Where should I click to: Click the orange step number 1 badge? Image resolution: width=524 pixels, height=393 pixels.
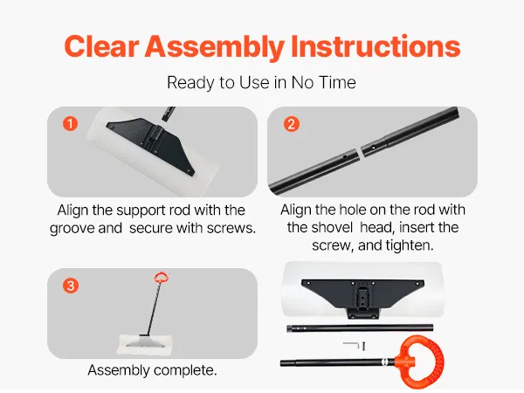[70, 124]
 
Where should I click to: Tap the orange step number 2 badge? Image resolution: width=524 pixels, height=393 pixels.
[292, 124]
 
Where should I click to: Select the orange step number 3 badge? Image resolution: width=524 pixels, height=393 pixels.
[71, 286]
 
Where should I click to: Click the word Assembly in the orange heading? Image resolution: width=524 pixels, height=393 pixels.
[214, 47]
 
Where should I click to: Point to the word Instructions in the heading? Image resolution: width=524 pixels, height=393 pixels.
[376, 46]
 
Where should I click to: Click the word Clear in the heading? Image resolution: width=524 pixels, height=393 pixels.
[101, 46]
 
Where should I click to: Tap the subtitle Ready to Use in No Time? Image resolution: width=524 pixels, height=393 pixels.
[261, 83]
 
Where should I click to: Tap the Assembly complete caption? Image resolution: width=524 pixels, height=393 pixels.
[152, 370]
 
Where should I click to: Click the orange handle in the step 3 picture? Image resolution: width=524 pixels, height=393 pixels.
[161, 278]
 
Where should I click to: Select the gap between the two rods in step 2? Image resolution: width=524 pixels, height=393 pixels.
[360, 152]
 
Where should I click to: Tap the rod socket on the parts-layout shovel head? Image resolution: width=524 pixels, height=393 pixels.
[362, 300]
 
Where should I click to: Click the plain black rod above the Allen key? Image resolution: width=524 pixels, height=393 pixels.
[360, 328]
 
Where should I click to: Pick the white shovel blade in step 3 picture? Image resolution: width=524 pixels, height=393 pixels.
[145, 344]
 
